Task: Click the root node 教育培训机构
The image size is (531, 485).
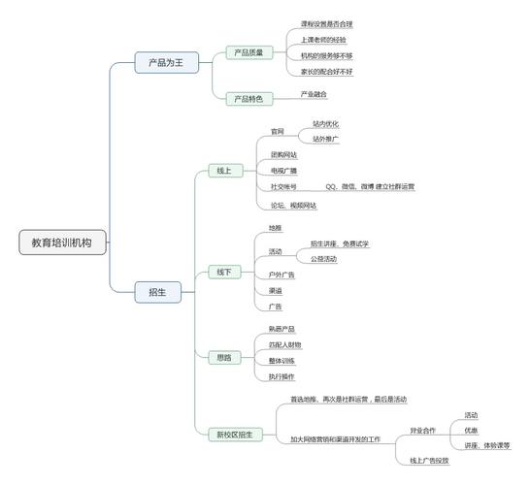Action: point(63,243)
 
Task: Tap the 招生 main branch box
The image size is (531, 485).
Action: point(157,291)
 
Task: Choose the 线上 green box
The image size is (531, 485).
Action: point(224,171)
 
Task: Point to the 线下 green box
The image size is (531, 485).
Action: point(224,272)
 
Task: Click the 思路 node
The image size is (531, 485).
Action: point(224,358)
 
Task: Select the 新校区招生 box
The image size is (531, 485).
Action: point(234,435)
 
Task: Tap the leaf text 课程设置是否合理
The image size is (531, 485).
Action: point(326,21)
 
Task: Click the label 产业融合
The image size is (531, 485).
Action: point(314,94)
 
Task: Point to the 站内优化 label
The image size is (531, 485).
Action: point(325,124)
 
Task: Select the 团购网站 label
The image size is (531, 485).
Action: point(283,154)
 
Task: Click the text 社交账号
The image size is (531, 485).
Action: point(283,185)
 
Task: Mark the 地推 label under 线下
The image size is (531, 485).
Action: point(276,228)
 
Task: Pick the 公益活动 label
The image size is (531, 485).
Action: point(323,259)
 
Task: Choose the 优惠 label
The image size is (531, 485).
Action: point(471,430)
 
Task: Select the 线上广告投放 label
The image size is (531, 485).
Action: point(429,460)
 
